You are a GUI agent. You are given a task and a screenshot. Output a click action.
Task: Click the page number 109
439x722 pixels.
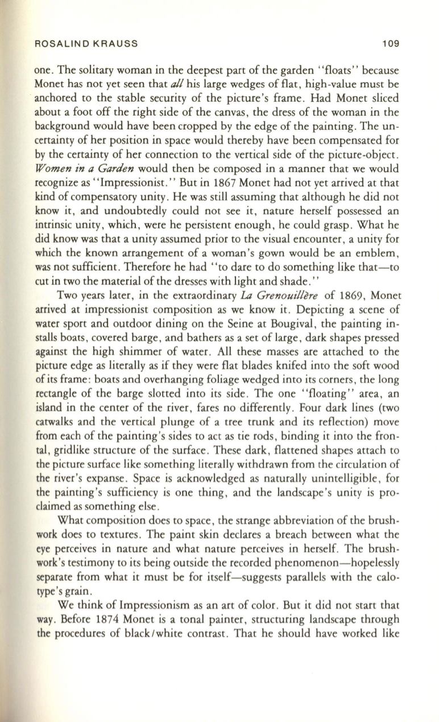pos(391,43)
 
